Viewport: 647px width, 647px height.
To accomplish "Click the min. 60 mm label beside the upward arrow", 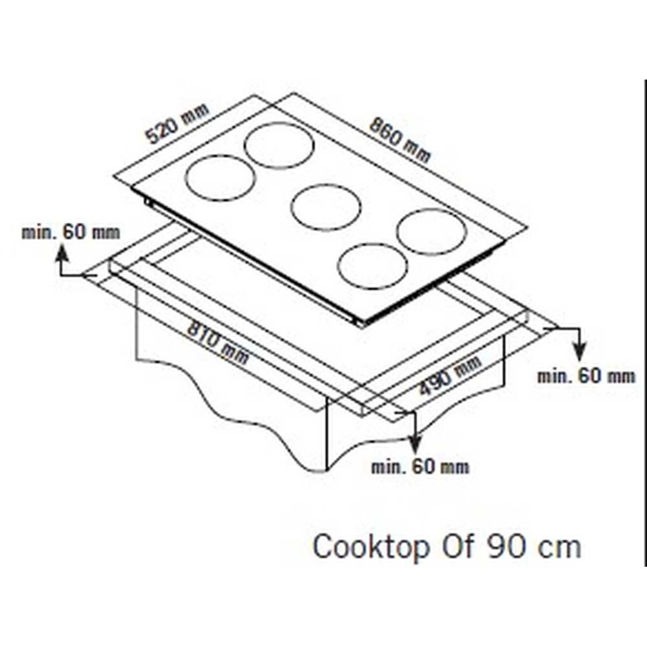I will click(71, 233).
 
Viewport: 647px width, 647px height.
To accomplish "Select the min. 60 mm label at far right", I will click(586, 376).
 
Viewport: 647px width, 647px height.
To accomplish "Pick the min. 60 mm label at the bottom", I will click(420, 467).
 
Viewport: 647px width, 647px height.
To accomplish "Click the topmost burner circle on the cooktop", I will click(279, 145).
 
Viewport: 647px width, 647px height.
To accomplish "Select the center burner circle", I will click(326, 207).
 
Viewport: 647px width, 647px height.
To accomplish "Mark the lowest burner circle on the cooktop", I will click(373, 266).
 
